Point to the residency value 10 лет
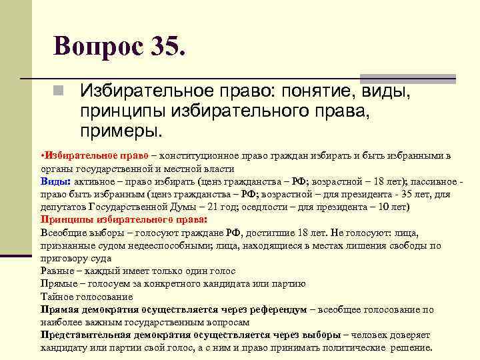coord(392,207)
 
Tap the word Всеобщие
coord(62,233)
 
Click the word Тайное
coord(57,297)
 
